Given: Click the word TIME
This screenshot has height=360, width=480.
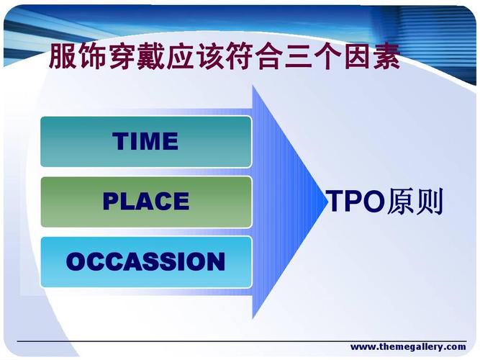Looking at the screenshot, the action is (145, 141).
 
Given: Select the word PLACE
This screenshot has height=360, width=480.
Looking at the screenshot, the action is (146, 201).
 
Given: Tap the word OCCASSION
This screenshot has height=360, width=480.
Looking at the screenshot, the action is (145, 261).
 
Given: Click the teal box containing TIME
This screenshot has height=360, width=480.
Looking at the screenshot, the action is (146, 142).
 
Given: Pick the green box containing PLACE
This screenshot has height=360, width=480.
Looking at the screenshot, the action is (146, 202).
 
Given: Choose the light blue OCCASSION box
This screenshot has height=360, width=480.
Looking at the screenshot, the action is (146, 262).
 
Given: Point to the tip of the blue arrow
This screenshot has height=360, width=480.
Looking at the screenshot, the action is (327, 202).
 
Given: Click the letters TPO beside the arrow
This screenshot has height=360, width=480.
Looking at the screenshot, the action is (356, 201).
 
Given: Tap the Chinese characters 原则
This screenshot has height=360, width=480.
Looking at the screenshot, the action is (415, 201).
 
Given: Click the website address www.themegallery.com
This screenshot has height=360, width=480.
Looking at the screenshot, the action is (408, 347).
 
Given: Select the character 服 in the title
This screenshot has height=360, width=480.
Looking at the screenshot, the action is (63, 55).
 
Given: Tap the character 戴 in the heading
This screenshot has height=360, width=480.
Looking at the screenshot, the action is (151, 55).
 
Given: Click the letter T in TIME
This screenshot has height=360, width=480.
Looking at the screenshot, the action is (119, 141).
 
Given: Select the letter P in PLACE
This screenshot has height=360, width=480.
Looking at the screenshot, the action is (111, 201).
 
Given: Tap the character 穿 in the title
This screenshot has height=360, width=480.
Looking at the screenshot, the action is (122, 55).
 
